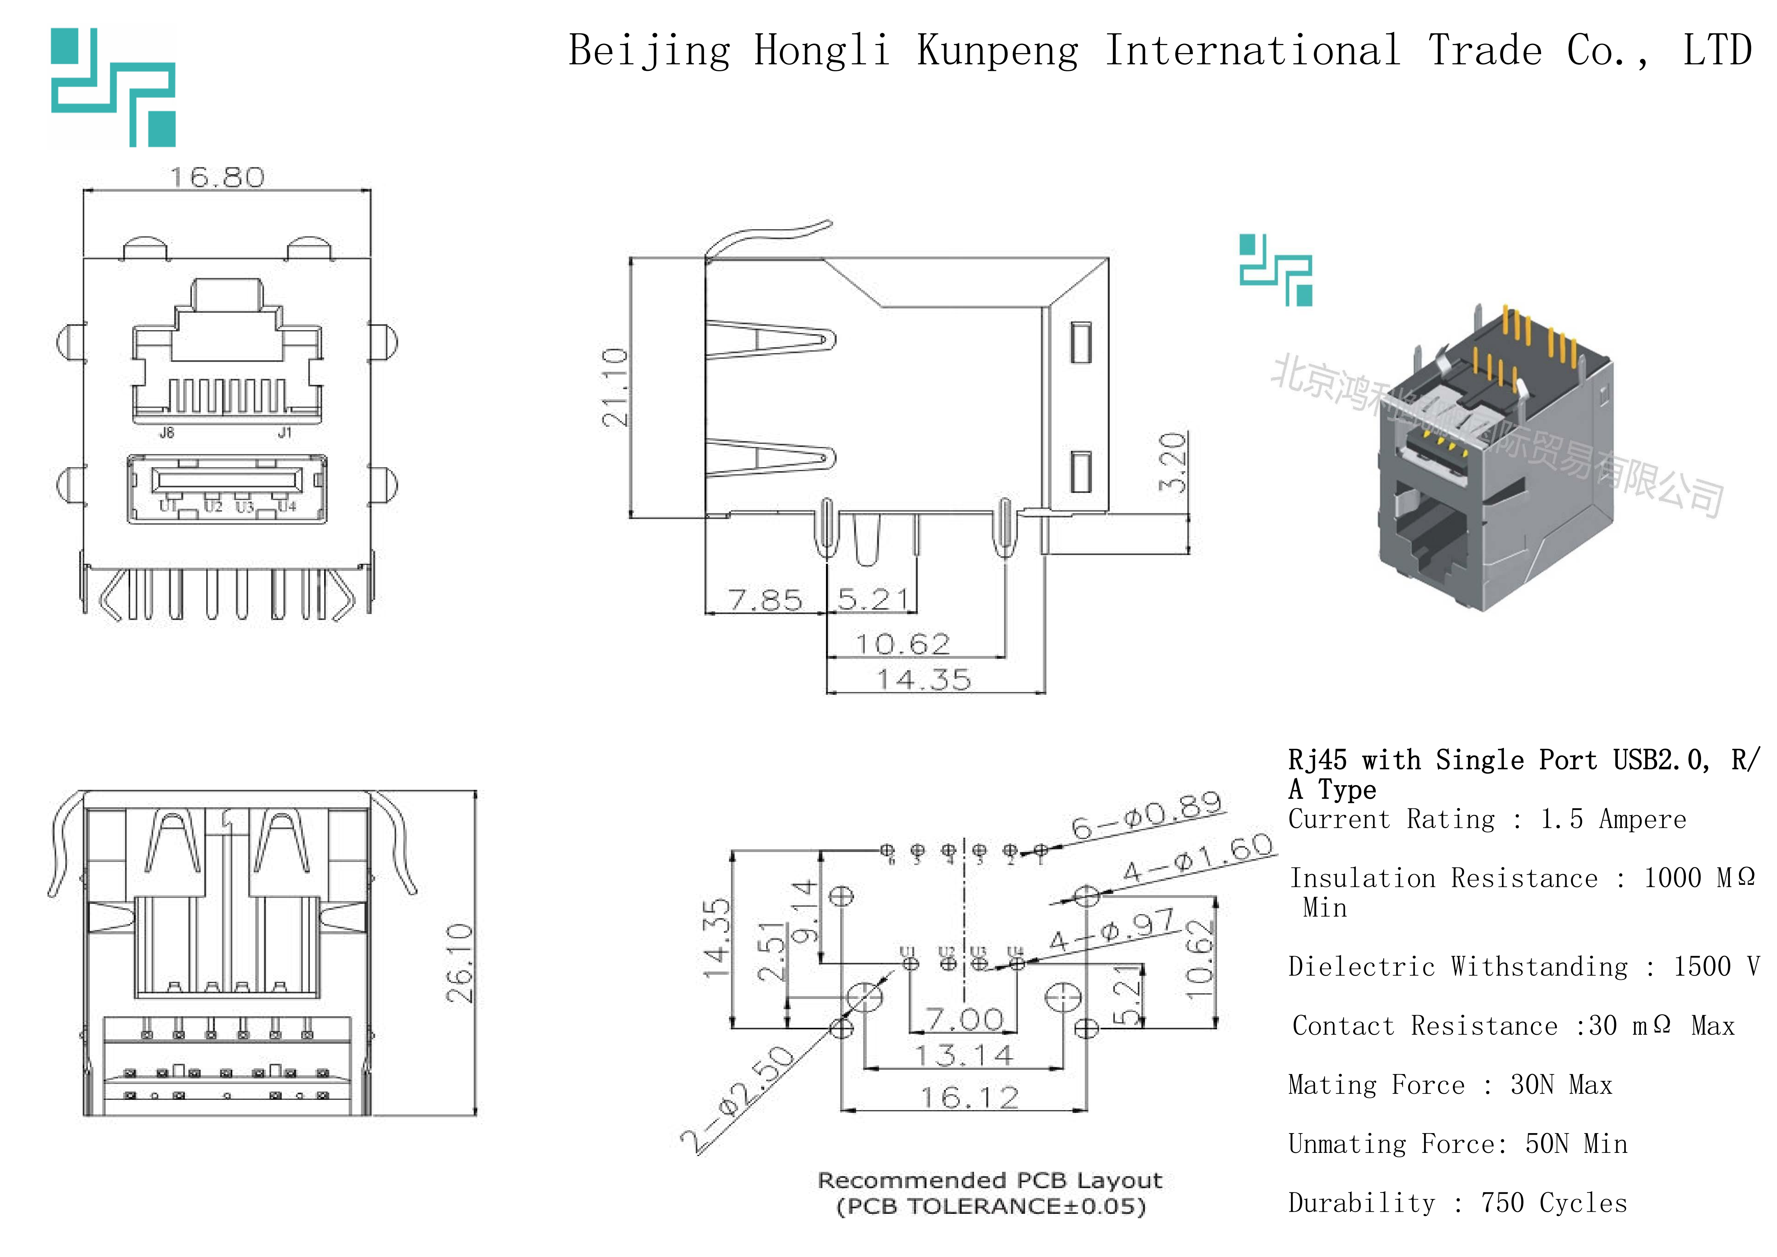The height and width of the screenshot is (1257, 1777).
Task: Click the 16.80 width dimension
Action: pyautogui.click(x=218, y=177)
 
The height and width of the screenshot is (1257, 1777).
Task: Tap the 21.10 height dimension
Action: pyautogui.click(x=615, y=387)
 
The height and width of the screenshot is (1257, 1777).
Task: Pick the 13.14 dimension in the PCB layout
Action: pyautogui.click(x=964, y=1055)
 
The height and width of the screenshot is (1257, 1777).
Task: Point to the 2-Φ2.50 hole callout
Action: pyautogui.click(x=738, y=1099)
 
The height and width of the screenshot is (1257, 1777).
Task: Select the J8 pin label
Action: pyautogui.click(x=166, y=433)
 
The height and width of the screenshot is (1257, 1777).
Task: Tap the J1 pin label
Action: pyautogui.click(x=285, y=433)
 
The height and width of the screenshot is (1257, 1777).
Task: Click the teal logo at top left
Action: pyautogui.click(x=114, y=87)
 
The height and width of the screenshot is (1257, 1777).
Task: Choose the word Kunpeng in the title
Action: pyautogui.click(x=998, y=51)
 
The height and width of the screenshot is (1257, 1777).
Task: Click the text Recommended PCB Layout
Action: pyautogui.click(x=990, y=1180)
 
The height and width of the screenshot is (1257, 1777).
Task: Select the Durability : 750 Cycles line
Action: pyautogui.click(x=1457, y=1203)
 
